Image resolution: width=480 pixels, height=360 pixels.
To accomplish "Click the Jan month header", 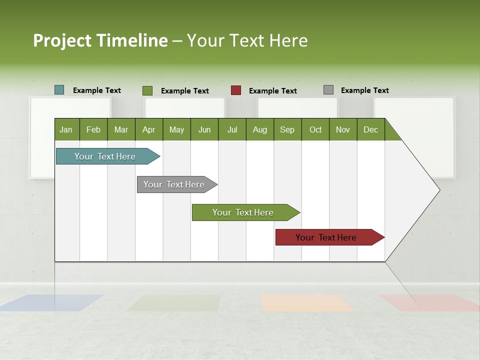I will tap(66, 129).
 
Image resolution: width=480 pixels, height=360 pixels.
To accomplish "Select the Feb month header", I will tap(93, 129).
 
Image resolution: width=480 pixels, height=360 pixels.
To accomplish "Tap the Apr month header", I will tap(148, 129).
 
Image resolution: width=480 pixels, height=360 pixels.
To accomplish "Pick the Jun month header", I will tap(204, 129).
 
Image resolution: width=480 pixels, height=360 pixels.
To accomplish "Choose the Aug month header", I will tap(259, 129).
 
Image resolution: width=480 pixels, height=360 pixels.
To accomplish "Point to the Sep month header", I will tap(287, 129).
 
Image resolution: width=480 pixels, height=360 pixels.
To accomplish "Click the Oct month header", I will tap(315, 129).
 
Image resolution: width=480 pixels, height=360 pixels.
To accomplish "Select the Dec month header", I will tap(370, 129).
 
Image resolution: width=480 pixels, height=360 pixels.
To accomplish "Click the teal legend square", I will tap(59, 90).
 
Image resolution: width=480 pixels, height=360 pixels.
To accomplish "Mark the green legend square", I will tap(147, 90).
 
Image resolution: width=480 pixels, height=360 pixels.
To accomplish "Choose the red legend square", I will tap(236, 90).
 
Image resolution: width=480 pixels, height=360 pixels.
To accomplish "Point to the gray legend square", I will tap(328, 90).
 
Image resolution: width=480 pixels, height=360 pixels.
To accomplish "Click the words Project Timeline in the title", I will tap(100, 40).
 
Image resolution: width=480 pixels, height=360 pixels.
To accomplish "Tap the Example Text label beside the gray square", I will tap(364, 90).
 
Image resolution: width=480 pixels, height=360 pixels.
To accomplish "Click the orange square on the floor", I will tap(306, 302).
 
